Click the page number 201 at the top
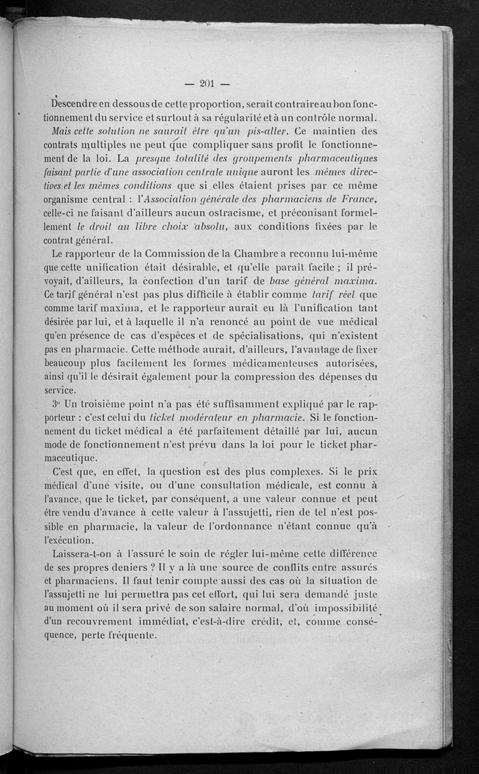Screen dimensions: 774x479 click(209, 84)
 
